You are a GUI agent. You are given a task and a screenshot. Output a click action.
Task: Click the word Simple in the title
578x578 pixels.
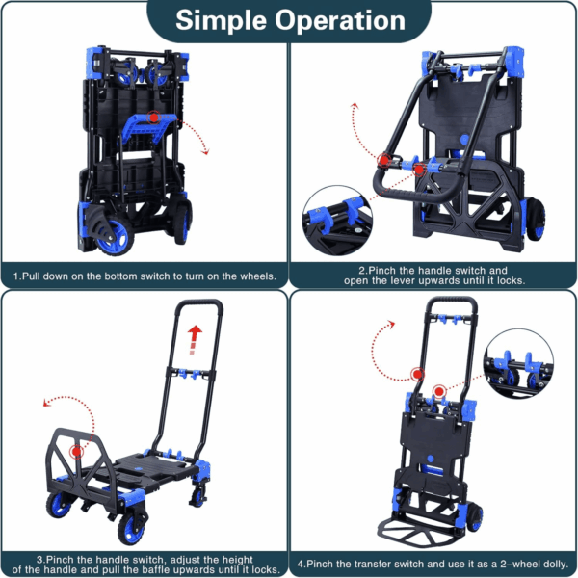pos(221,21)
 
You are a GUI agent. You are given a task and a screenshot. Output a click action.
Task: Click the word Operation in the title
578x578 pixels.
pos(340,20)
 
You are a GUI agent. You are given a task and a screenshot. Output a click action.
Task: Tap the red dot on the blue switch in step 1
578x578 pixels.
pos(154,118)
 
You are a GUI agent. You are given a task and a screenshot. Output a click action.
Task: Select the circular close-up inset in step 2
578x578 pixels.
pos(337,221)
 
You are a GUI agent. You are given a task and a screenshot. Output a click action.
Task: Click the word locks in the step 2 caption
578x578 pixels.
pos(511,281)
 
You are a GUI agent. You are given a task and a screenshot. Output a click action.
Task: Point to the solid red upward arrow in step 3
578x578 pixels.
pos(194,339)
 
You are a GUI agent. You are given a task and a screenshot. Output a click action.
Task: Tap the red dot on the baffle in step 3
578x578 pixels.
pos(77,451)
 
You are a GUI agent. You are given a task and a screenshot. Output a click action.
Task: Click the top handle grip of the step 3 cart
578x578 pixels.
pos(199,303)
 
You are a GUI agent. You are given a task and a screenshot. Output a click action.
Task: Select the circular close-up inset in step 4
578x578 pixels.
pos(518,363)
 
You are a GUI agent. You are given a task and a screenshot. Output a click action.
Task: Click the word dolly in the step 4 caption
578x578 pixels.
pos(556,565)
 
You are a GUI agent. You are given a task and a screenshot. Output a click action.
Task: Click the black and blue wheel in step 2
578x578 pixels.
pos(536,220)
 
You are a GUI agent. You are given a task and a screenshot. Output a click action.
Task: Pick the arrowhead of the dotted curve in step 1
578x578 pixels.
pos(205,151)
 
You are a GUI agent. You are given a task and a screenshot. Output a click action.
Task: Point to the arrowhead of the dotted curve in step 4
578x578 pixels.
pos(391,324)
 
